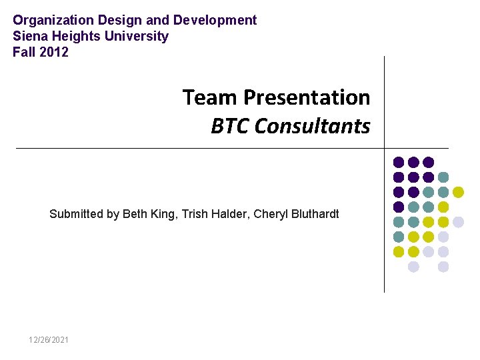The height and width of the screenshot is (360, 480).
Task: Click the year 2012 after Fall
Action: pyautogui.click(x=54, y=52)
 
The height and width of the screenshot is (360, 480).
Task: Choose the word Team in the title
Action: pyautogui.click(x=209, y=97)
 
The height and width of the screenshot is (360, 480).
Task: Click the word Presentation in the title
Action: pyautogui.click(x=307, y=97)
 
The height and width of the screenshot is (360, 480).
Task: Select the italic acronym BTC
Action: pyautogui.click(x=230, y=126)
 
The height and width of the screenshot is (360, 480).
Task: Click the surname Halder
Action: pyautogui.click(x=231, y=214)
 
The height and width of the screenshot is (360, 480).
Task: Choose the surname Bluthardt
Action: pyautogui.click(x=314, y=214)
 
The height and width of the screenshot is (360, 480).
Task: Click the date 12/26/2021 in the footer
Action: pyautogui.click(x=48, y=340)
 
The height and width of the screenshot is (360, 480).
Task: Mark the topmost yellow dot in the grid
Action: pyautogui.click(x=458, y=192)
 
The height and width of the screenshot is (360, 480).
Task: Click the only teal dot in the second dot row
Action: pyautogui.click(x=443, y=177)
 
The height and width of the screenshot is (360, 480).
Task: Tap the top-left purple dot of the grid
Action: pyautogui.click(x=399, y=162)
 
